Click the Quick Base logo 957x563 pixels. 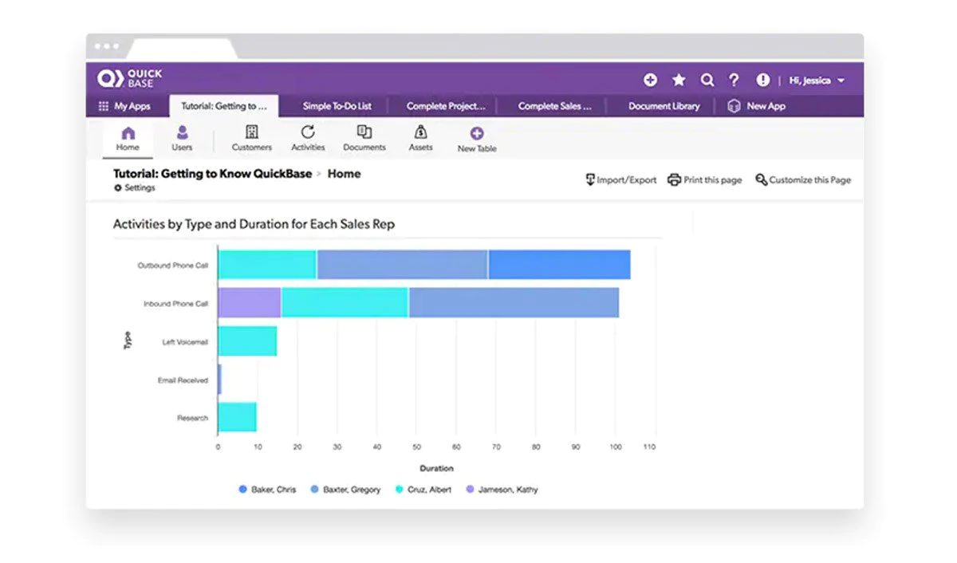tap(129, 78)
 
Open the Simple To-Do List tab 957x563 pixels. tap(337, 106)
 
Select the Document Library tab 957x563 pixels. tap(664, 106)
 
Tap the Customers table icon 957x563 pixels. tap(251, 133)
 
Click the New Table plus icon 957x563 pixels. tap(477, 134)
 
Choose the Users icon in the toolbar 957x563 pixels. tap(182, 133)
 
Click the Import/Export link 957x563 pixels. tap(621, 180)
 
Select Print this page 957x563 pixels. tap(705, 180)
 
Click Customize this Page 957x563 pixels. tap(803, 180)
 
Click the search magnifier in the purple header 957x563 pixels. tap(707, 80)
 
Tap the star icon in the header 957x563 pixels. tap(679, 80)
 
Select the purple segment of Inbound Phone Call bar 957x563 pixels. tap(249, 303)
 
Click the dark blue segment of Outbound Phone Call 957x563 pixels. tap(559, 265)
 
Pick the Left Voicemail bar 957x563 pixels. tap(247, 341)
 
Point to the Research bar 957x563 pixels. tap(237, 417)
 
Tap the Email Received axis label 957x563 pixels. tap(183, 380)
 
